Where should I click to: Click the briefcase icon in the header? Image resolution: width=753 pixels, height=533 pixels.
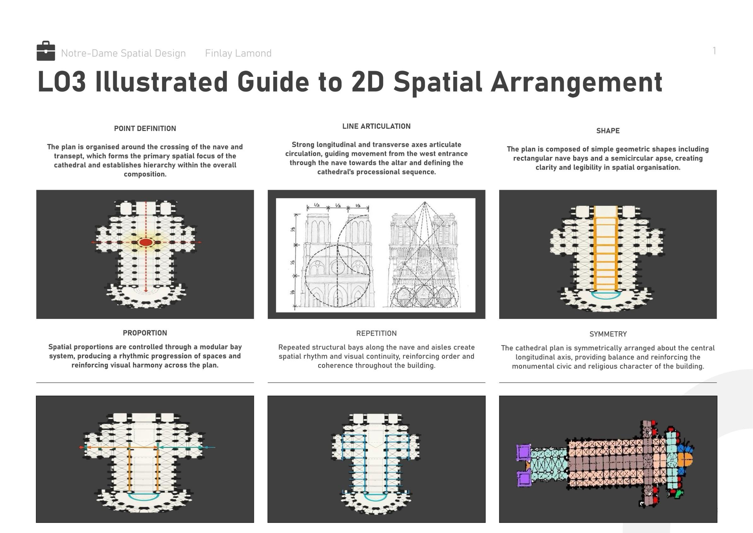click(46, 51)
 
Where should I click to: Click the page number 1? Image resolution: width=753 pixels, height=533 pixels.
click(714, 51)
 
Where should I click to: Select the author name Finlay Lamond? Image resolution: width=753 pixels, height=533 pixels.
click(238, 53)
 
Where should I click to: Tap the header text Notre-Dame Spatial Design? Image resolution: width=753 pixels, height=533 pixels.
click(123, 53)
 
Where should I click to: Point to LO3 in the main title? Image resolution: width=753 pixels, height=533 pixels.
click(62, 82)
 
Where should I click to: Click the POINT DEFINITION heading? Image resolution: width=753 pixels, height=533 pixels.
click(145, 129)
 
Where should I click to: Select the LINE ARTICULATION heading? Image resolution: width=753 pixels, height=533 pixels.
click(376, 126)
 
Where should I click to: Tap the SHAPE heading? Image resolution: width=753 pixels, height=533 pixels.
click(608, 131)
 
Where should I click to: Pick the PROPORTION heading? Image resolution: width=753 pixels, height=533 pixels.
click(145, 333)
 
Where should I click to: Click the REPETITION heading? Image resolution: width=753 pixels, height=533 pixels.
click(376, 334)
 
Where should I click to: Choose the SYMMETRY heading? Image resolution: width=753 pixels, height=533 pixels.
click(608, 334)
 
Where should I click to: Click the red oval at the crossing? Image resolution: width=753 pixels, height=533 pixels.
click(146, 243)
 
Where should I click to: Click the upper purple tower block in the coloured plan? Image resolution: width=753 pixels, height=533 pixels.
click(523, 452)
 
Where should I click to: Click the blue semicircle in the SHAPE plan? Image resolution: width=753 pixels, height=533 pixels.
click(606, 298)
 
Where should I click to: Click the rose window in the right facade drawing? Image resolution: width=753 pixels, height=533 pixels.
click(424, 268)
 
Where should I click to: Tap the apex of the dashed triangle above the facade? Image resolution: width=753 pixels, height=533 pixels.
click(425, 202)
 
